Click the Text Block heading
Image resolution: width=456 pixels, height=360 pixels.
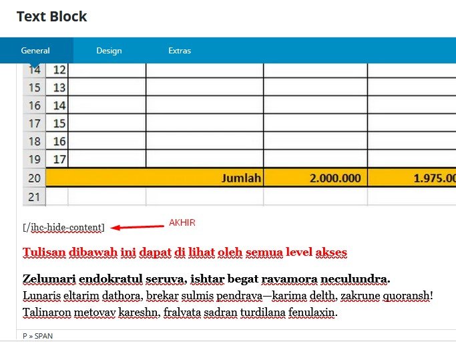click(x=51, y=16)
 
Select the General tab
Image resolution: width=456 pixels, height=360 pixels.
click(x=35, y=51)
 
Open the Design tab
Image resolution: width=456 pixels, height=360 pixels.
click(x=109, y=51)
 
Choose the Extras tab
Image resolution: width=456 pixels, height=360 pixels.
click(x=180, y=51)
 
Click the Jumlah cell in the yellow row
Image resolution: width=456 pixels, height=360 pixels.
click(x=242, y=178)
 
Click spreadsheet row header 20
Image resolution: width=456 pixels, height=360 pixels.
click(x=34, y=178)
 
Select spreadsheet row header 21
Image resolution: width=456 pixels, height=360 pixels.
click(x=34, y=196)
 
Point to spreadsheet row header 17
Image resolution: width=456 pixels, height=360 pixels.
click(x=34, y=124)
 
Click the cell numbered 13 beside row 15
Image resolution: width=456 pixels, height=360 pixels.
click(x=59, y=87)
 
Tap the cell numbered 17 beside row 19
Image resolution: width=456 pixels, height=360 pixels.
click(x=59, y=159)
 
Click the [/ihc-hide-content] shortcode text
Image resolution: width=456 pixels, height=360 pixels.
click(x=63, y=228)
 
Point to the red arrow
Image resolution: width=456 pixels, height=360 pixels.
click(x=137, y=227)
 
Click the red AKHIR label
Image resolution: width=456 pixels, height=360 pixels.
click(x=182, y=222)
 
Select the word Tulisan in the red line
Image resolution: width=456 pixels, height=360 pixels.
click(x=44, y=252)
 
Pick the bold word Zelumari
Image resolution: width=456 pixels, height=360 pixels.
click(x=49, y=279)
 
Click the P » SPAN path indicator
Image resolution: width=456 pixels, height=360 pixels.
click(x=37, y=336)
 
